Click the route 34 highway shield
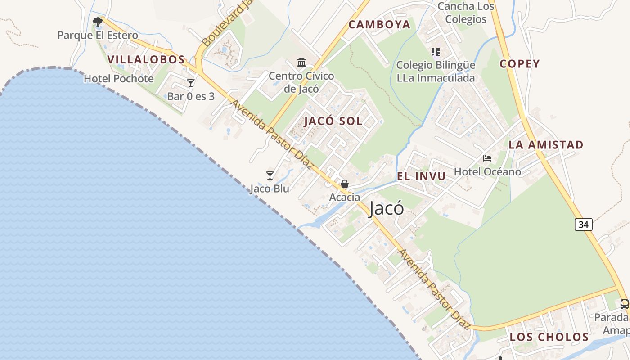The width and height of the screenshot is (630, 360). coord(583,224)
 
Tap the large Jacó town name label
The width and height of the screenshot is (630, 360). coord(386,209)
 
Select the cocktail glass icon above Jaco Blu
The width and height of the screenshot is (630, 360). coord(270,175)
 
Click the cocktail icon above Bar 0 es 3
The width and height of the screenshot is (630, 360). coord(191,83)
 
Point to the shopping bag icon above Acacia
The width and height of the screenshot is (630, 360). coord(345,184)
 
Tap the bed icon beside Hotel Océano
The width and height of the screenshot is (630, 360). coord(487,158)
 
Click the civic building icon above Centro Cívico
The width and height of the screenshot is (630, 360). coord(301,62)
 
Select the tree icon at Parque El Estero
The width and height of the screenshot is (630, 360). coord(97,21)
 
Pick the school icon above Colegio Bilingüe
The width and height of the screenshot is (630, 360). coord(435,52)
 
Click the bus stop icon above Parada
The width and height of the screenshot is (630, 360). coord(625,304)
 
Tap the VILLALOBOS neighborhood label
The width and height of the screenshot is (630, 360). coord(146,59)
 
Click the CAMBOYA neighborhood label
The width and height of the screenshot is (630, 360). coord(379,25)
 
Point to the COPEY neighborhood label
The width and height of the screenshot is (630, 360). coord(520,64)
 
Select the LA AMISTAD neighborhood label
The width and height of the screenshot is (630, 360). coord(546,145)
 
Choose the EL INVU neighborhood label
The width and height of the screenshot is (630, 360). coord(421,176)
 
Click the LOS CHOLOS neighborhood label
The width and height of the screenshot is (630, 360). coord(549,337)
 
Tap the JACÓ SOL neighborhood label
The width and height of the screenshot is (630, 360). coord(333,121)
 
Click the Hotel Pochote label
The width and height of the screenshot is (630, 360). coord(119,79)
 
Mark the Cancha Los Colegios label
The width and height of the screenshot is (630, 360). coord(466,13)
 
